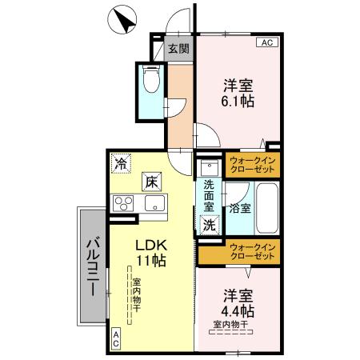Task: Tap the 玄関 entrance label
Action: pos(178,49)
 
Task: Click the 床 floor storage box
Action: pos(150,181)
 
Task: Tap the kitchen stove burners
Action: pos(124,202)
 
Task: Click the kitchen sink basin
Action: pos(154,203)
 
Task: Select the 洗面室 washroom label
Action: pos(208,197)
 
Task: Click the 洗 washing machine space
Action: pos(209,226)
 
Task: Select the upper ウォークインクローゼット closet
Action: pos(250,166)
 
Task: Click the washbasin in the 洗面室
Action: pos(209,167)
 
